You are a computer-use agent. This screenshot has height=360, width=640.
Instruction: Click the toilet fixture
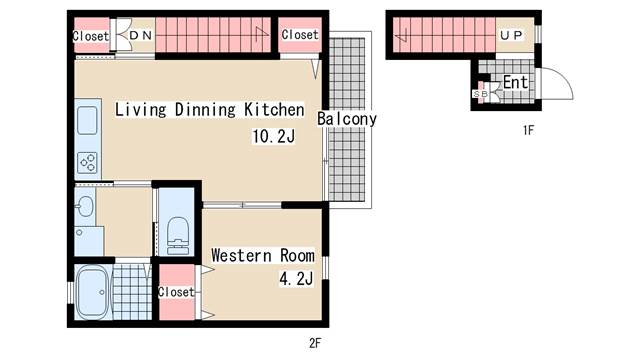pos(178,236)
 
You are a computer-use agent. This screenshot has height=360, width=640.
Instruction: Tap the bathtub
pos(92,292)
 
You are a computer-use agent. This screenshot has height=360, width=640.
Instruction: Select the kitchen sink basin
pos(87,120)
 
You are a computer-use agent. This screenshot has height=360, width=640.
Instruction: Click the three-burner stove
pos(88,162)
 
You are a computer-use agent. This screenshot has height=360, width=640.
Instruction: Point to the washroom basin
pos(85,207)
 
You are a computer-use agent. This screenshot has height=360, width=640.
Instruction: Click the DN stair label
pos(141,36)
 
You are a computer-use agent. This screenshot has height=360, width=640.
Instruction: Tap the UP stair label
pos(511,36)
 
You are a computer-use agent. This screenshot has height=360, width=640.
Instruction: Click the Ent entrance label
pos(516,82)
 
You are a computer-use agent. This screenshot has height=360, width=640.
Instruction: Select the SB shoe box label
pos(480,94)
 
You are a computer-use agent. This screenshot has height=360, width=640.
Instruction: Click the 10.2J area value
pos(273,136)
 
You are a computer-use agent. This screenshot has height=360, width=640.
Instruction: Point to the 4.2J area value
pos(296,279)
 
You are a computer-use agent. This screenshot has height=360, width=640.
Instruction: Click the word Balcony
pos(347,119)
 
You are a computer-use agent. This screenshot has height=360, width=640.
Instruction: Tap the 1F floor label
pos(528,130)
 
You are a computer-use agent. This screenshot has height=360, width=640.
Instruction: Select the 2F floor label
pos(315,343)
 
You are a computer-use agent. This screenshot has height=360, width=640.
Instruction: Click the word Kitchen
pos(274,109)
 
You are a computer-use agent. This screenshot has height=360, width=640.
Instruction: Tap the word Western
pos(241,256)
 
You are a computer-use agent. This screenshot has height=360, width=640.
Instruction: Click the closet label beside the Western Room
pos(176,292)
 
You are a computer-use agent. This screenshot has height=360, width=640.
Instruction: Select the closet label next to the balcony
pos(300,35)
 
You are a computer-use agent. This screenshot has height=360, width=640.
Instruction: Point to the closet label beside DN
pos(91,36)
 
